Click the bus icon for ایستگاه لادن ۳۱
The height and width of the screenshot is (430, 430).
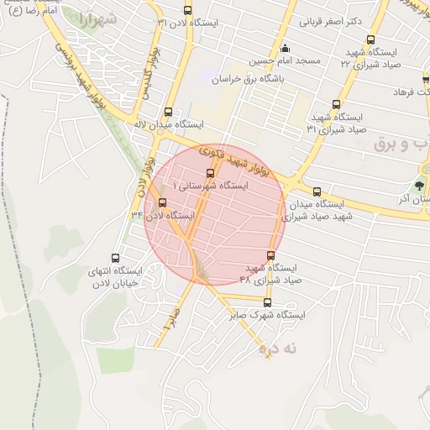[x=187, y=11]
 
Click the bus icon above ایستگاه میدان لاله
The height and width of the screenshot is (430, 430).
[x=169, y=112]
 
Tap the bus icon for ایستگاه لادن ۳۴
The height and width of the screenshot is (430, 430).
[x=162, y=202]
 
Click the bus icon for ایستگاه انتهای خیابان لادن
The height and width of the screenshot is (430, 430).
[x=115, y=259]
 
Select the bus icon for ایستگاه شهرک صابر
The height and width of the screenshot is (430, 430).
[x=268, y=303]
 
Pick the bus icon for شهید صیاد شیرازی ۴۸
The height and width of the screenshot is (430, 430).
[x=270, y=255]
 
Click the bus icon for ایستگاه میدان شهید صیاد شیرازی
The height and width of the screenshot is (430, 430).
[x=317, y=191]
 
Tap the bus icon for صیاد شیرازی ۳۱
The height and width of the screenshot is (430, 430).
[x=337, y=105]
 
